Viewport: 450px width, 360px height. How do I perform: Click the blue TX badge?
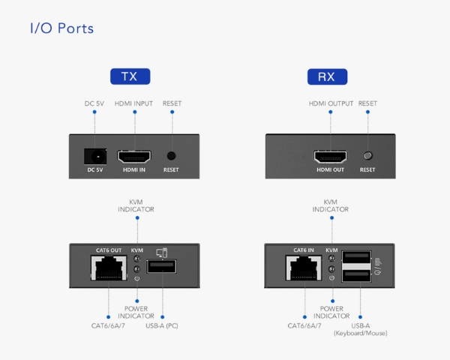click(130, 76)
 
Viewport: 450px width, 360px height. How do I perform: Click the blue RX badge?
click(327, 76)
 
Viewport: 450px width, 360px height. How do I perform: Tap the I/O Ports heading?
click(61, 28)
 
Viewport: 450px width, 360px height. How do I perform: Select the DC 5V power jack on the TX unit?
click(95, 157)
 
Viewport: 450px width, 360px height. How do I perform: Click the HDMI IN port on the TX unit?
click(134, 157)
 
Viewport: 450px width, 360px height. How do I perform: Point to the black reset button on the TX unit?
click(171, 156)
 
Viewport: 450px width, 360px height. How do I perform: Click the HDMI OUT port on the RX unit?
click(330, 157)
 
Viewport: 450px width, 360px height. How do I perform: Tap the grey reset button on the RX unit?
click(367, 155)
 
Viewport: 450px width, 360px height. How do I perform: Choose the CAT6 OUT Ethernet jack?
click(109, 268)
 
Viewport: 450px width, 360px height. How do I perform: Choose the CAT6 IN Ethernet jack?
click(304, 268)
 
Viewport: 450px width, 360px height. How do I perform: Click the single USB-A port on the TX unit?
click(161, 266)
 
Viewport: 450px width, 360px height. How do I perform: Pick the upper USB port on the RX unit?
click(357, 256)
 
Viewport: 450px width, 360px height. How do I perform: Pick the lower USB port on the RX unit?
click(357, 275)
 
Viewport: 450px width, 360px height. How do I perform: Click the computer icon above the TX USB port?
click(162, 253)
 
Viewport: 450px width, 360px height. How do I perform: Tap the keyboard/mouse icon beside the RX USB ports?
click(378, 266)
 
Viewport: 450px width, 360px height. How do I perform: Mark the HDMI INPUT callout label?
click(133, 103)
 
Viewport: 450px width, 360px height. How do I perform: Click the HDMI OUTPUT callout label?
click(331, 103)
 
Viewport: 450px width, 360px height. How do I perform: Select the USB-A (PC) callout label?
click(162, 325)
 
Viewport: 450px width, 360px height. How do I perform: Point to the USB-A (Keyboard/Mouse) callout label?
click(361, 329)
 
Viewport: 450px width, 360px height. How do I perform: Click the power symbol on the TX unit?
click(137, 278)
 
